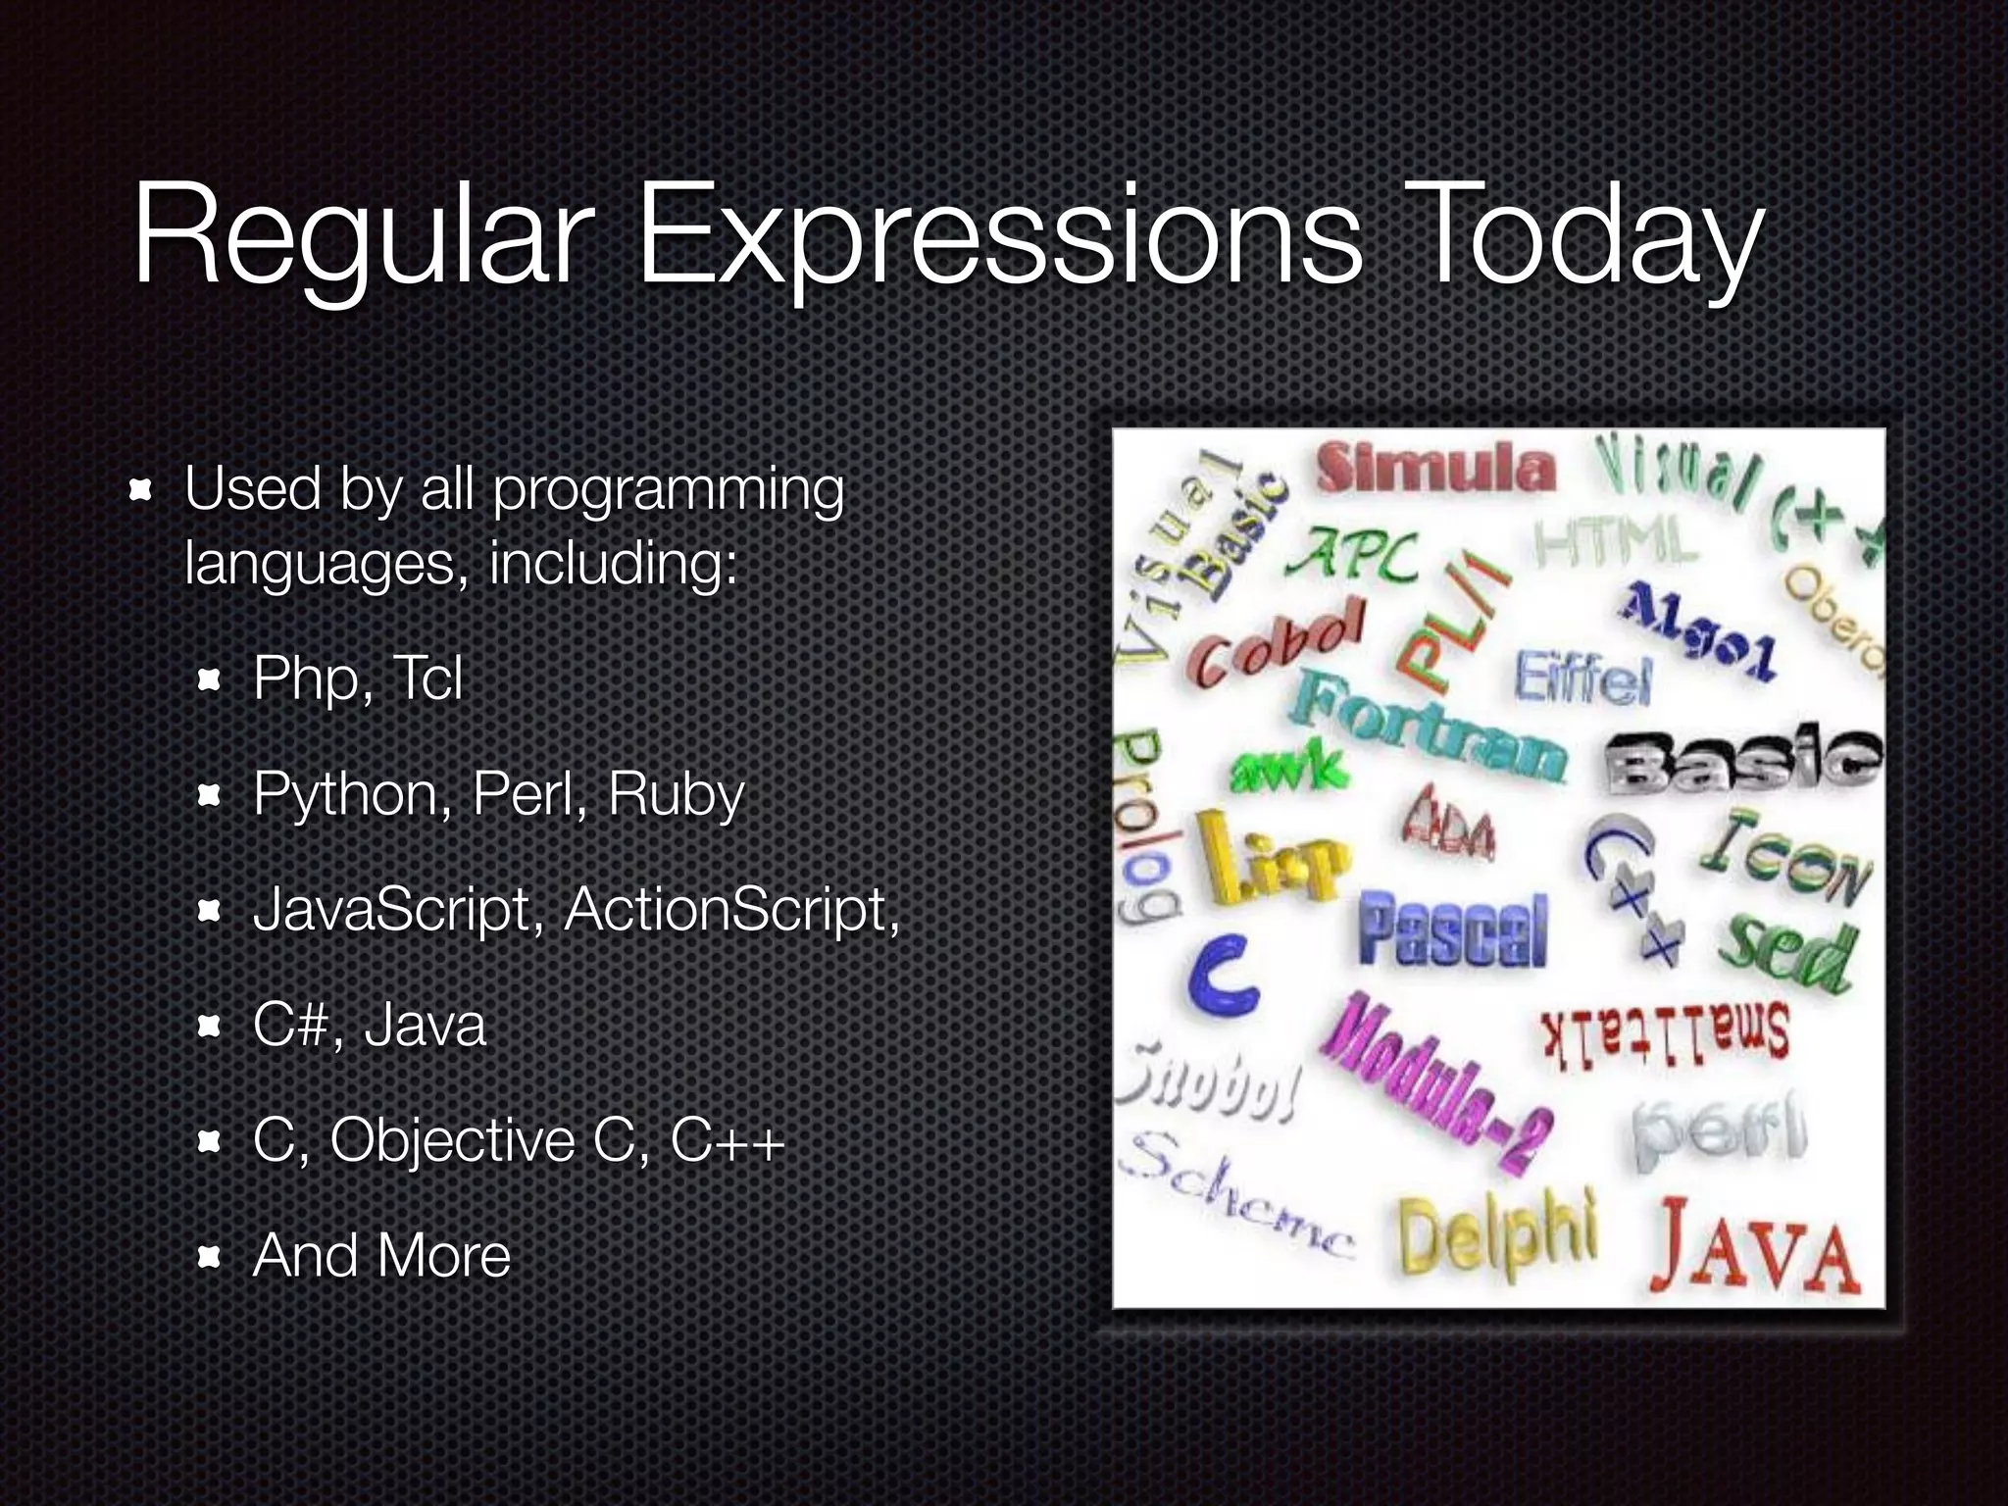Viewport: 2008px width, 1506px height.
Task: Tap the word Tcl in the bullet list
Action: [x=427, y=678]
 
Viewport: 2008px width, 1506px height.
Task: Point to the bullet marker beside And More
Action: [x=208, y=1257]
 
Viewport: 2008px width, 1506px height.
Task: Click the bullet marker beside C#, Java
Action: [x=208, y=1027]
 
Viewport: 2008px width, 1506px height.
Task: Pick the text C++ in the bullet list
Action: [x=728, y=1140]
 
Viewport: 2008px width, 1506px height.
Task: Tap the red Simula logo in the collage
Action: [x=1435, y=469]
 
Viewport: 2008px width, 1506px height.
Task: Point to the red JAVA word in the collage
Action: [x=1755, y=1250]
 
